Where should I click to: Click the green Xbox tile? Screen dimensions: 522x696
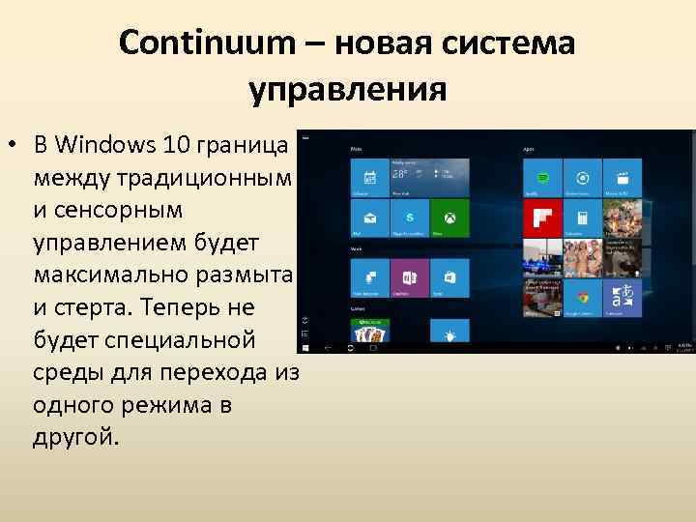(449, 218)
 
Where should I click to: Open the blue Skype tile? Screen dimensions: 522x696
(409, 218)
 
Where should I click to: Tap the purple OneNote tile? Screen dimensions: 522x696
(409, 277)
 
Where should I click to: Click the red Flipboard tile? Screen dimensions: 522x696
(541, 218)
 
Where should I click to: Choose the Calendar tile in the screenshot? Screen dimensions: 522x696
(368, 179)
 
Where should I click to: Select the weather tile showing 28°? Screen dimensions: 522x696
(429, 179)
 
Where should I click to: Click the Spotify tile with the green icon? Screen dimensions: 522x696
(541, 179)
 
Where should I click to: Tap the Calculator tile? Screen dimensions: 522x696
(582, 218)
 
